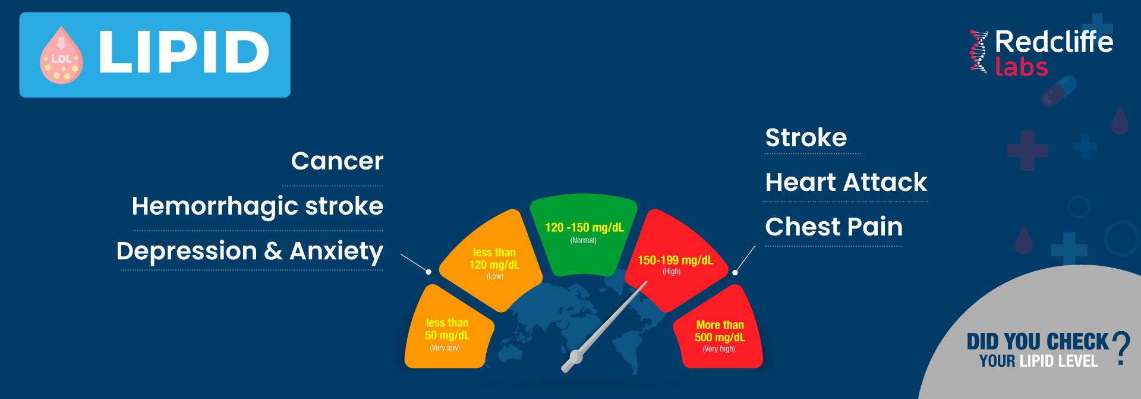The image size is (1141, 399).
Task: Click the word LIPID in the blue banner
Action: (184, 53)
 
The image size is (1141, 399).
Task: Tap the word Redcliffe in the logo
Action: (1054, 42)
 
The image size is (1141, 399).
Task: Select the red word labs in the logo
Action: (1021, 67)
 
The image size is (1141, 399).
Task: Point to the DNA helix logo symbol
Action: (979, 52)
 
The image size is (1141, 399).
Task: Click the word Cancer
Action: (337, 161)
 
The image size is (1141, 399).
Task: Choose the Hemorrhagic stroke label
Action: (257, 207)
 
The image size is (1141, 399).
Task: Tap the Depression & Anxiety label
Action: (250, 252)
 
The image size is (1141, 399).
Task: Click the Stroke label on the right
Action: (806, 137)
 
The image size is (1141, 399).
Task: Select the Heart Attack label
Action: (846, 182)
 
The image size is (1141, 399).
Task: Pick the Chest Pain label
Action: (834, 227)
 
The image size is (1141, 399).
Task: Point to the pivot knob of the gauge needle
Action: (575, 357)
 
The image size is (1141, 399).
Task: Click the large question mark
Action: (1121, 348)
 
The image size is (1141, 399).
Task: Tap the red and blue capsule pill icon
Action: (1059, 91)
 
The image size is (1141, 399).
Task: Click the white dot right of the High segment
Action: (735, 272)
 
